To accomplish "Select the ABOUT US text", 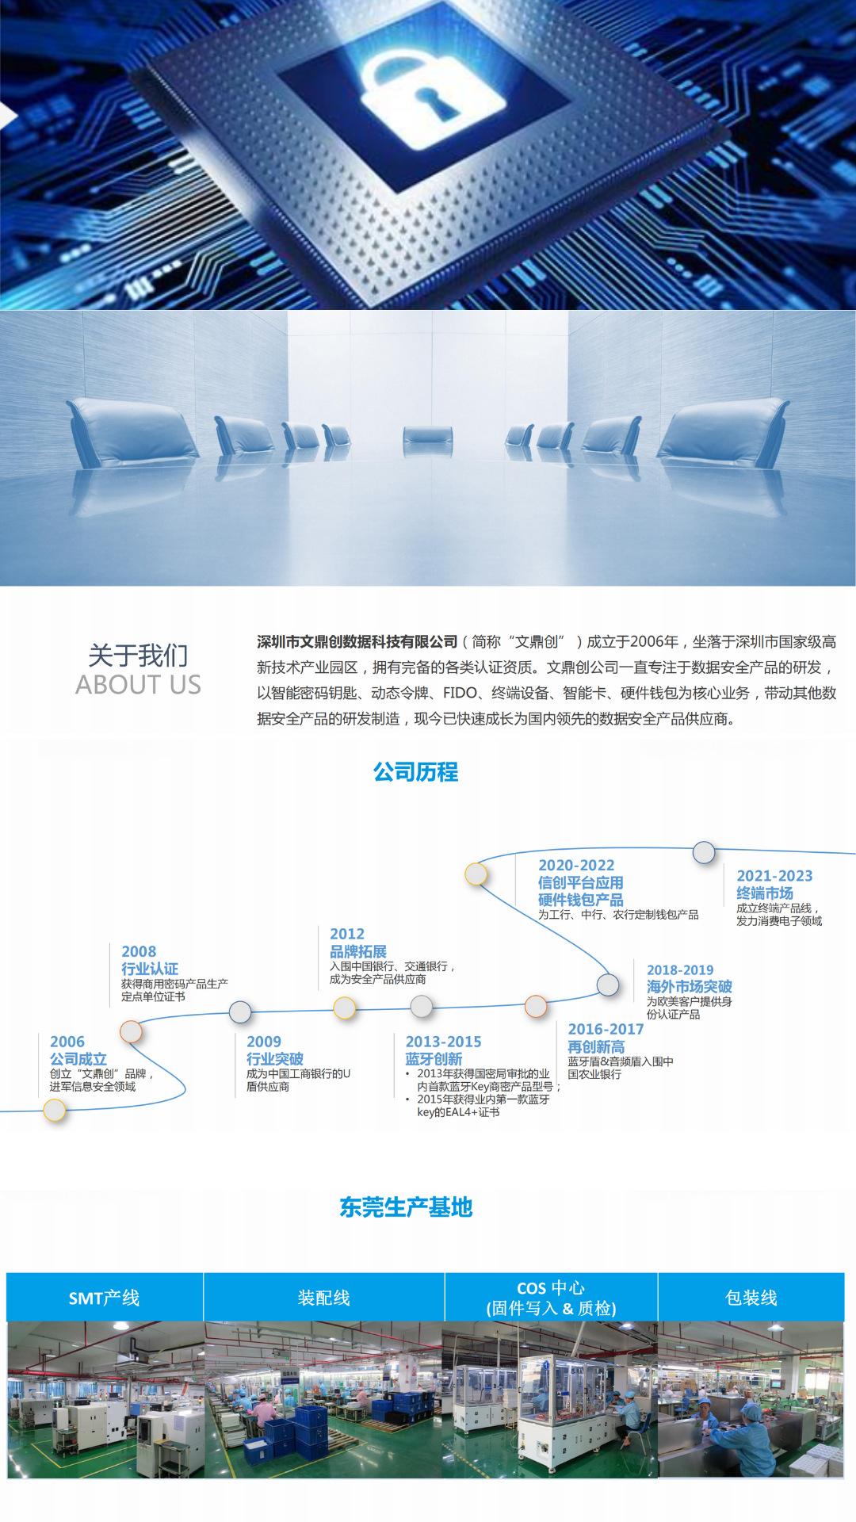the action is coord(138,685).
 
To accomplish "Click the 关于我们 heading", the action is coord(138,656).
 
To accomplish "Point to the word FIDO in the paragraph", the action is coord(460,693).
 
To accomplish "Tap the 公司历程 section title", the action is coord(415,772).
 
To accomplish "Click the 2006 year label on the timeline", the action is coord(67,1042).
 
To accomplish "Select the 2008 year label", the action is coord(139,951).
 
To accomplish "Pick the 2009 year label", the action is coord(264,1042).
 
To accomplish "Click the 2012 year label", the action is coord(347,934).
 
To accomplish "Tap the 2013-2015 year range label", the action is coord(443,1042).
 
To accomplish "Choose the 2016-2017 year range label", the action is coord(606,1029).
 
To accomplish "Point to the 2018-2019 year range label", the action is coord(680,969).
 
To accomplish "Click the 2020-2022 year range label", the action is coord(576,866).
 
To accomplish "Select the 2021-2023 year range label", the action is coord(774,876).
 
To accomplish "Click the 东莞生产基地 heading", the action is coord(406,1207).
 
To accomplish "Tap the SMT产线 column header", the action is coord(104,1298).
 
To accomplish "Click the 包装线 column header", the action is coord(751,1298).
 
